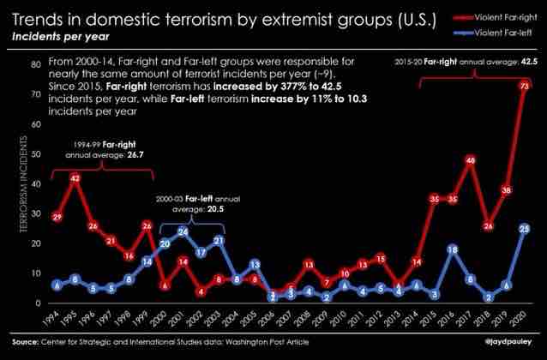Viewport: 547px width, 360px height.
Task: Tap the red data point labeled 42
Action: (x=76, y=178)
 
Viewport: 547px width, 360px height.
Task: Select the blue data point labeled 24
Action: (x=183, y=231)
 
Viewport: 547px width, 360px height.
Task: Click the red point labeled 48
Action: (x=471, y=160)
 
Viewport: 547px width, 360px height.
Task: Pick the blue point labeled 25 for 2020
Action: (x=525, y=229)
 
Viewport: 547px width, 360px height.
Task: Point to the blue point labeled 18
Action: (x=453, y=249)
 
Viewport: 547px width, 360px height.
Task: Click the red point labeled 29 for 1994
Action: (x=57, y=217)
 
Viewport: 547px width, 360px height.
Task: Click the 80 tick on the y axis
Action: (x=37, y=64)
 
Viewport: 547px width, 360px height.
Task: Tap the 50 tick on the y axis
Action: (x=37, y=154)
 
